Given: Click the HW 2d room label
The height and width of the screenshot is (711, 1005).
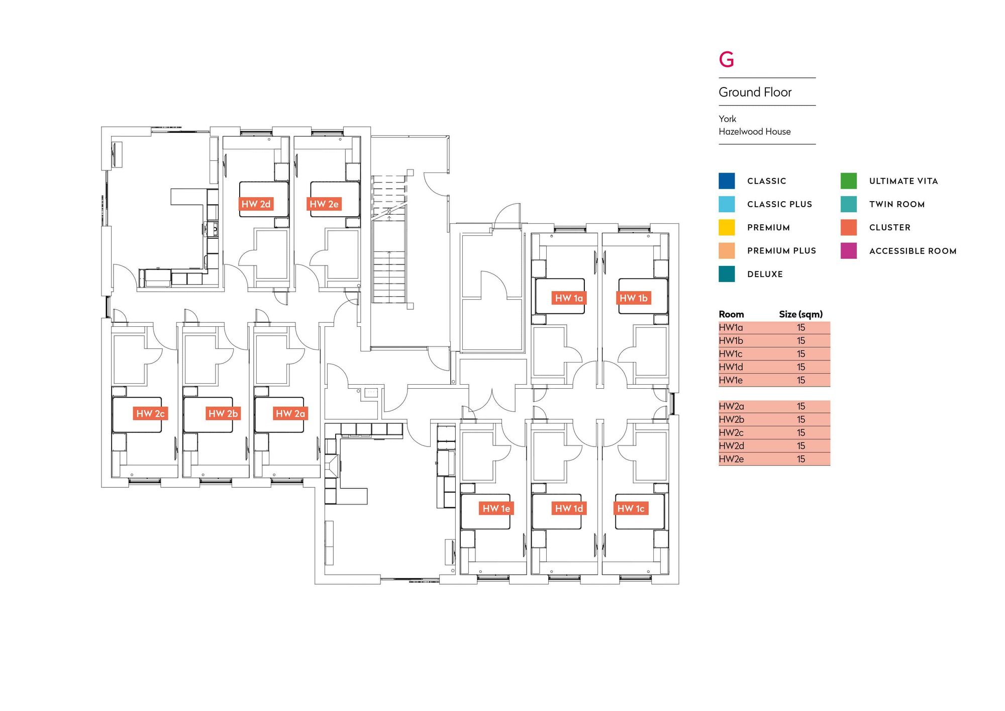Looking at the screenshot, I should pos(256,204).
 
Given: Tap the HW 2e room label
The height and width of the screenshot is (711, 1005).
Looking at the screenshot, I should pos(324,204).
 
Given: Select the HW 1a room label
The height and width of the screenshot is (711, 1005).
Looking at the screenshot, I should pos(568,298).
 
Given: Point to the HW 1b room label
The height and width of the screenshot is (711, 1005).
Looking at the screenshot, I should pos(633,298).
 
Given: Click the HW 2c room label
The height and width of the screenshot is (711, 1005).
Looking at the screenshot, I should pos(150,413).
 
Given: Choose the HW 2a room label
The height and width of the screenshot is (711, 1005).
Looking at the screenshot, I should pos(290,413).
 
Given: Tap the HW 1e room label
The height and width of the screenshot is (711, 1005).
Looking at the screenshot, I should pos(496,508).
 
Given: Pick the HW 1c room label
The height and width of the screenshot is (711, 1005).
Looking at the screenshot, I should pos(631,508).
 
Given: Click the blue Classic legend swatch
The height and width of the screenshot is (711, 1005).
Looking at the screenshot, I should pos(727,181).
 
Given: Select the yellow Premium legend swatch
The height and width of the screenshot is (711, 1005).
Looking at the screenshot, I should pos(727,227).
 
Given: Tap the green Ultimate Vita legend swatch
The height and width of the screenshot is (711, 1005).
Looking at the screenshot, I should pos(848,181).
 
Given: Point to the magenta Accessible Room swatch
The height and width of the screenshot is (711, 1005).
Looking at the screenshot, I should pos(848,251).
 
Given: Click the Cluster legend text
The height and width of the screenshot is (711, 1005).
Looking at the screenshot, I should pos(889,227).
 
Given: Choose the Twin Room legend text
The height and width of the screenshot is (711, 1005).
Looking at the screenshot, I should pos(897,204).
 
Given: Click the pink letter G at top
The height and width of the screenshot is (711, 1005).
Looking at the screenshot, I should pos(727,59).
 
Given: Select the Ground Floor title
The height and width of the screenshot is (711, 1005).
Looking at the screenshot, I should pos(755,92).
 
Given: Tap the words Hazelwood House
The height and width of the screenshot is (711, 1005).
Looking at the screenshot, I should pos(754,132).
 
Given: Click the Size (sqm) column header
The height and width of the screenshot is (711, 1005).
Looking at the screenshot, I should pos(800,314).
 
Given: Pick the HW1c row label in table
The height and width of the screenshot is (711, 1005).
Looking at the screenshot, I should pos(731,354).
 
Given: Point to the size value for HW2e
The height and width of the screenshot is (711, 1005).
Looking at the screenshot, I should pos(801,459).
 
